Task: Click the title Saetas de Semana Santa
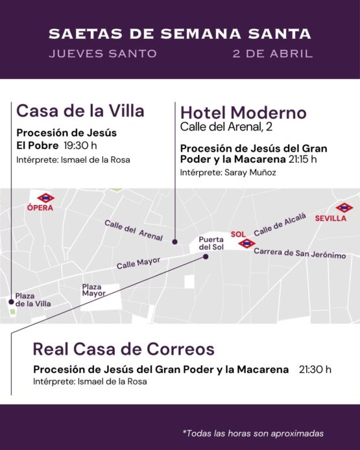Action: click(x=180, y=33)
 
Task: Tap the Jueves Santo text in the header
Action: click(x=102, y=54)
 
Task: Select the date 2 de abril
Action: click(x=272, y=54)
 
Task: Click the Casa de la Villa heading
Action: click(x=80, y=111)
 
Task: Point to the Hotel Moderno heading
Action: click(x=243, y=113)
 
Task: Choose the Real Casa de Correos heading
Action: click(x=123, y=349)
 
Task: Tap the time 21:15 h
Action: click(x=304, y=159)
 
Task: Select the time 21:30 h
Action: click(x=315, y=370)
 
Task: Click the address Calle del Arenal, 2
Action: click(x=226, y=127)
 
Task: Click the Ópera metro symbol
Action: click(x=45, y=198)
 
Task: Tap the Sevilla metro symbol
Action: click(x=344, y=208)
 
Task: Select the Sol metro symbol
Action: click(x=246, y=243)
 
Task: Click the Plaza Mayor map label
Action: click(x=93, y=290)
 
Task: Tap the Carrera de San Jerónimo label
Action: click(x=299, y=254)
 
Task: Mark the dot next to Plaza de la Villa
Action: click(x=11, y=302)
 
